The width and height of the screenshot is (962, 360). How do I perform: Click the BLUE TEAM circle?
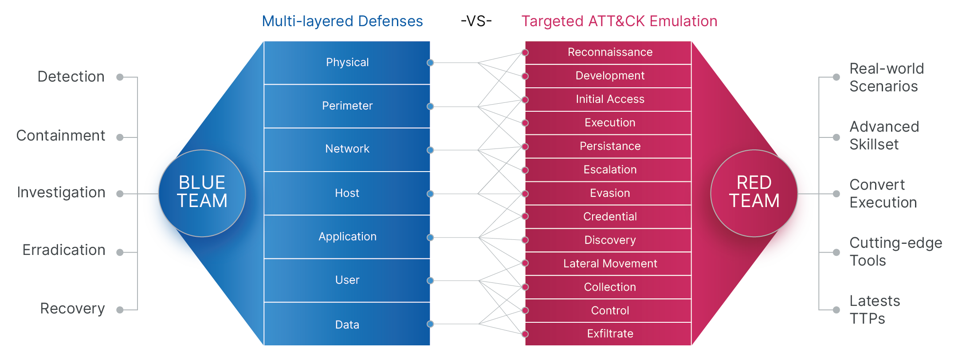[202, 193]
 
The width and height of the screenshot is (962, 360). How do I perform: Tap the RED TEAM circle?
[754, 193]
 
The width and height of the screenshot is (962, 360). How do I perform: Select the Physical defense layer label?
[347, 63]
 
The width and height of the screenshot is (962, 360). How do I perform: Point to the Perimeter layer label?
[347, 106]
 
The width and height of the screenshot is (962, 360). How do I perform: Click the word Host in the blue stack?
[347, 193]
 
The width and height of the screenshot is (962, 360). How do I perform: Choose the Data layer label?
[347, 325]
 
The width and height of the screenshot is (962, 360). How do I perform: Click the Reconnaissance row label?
[610, 52]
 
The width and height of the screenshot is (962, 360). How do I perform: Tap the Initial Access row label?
[610, 99]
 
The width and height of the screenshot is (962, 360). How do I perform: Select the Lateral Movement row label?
[610, 263]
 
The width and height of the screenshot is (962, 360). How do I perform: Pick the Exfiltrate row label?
[610, 333]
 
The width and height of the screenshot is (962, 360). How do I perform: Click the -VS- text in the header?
[476, 21]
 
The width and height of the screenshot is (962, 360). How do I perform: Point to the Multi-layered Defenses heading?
[342, 21]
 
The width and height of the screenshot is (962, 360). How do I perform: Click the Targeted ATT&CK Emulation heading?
[619, 21]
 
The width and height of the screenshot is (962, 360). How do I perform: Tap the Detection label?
[71, 77]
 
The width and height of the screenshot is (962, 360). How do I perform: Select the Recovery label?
[72, 309]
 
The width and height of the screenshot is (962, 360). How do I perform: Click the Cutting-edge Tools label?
[895, 251]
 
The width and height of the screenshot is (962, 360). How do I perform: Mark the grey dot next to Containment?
[120, 137]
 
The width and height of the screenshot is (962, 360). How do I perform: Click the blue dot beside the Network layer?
[430, 150]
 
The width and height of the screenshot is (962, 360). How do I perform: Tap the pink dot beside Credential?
[525, 216]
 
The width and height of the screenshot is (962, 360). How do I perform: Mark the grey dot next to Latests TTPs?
[836, 310]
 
